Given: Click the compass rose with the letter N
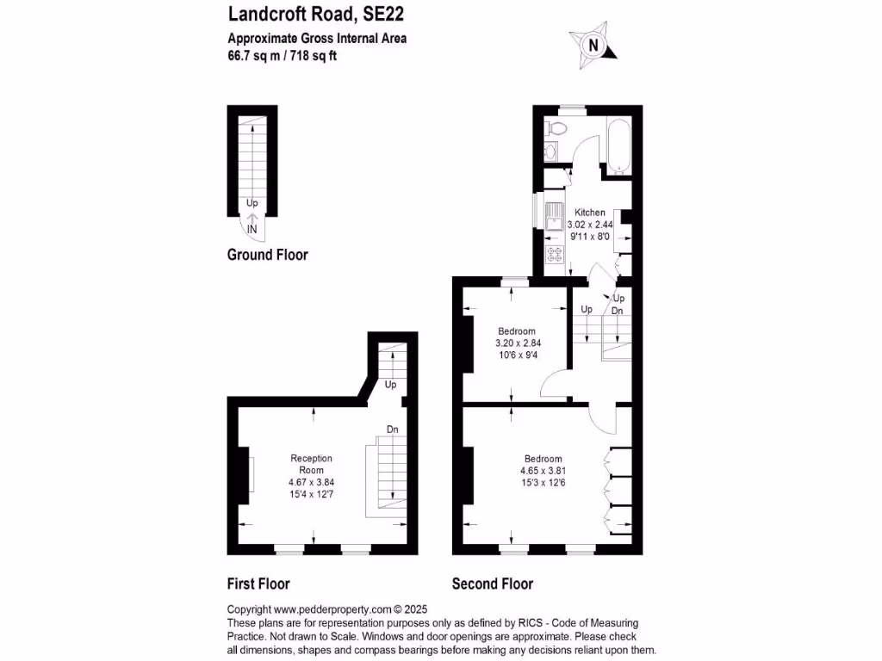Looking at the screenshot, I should coord(593,45).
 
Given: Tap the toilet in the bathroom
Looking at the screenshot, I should coord(558,129).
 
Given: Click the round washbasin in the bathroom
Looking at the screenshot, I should coord(551,152).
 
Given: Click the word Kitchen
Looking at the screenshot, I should coord(590,213).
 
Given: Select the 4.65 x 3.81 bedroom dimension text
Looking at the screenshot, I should coord(543,471).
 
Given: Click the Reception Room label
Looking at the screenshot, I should coord(311,464).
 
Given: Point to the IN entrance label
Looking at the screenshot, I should coord(252,230).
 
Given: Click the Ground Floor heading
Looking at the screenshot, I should coord(267,255).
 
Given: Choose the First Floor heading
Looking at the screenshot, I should coord(258,584).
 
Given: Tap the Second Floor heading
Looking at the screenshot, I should coord(493,584).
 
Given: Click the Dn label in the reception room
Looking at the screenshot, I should coord(392,429).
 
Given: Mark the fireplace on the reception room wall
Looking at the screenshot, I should coord(250,473).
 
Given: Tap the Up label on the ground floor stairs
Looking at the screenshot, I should coord(252,204).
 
